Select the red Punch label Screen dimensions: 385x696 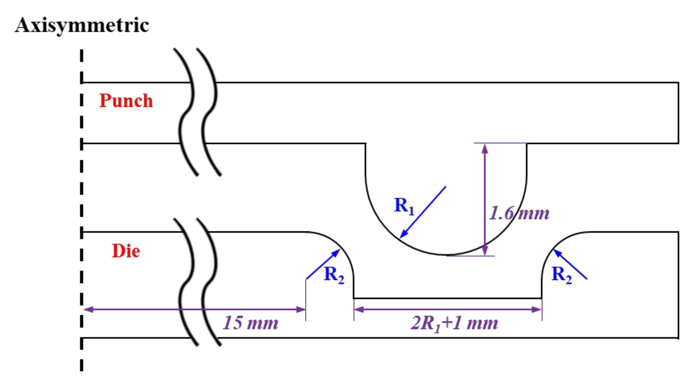126,101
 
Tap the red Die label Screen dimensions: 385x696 126,251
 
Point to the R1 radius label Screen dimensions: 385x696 404,206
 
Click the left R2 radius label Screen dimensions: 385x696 334,275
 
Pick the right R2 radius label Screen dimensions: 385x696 561,275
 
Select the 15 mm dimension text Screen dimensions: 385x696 250,323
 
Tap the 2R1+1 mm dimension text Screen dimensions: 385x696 454,323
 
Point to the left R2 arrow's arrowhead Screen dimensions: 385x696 337,252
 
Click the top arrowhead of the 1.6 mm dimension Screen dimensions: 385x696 485,148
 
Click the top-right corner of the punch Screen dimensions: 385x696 678,82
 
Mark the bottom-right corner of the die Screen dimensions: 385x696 678,338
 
